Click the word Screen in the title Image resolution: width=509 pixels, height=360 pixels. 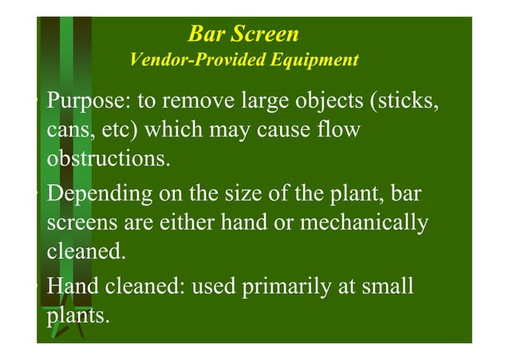coord(269,34)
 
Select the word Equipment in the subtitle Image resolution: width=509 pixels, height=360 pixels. coord(319,61)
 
